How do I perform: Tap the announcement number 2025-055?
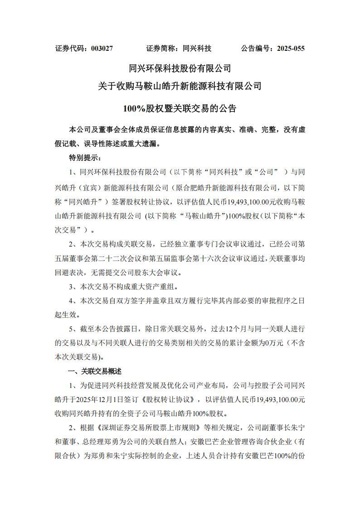[288, 48]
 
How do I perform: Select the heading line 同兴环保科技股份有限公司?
[180, 68]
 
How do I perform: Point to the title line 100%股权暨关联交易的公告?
[180, 108]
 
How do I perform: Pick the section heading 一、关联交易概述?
[95, 371]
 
